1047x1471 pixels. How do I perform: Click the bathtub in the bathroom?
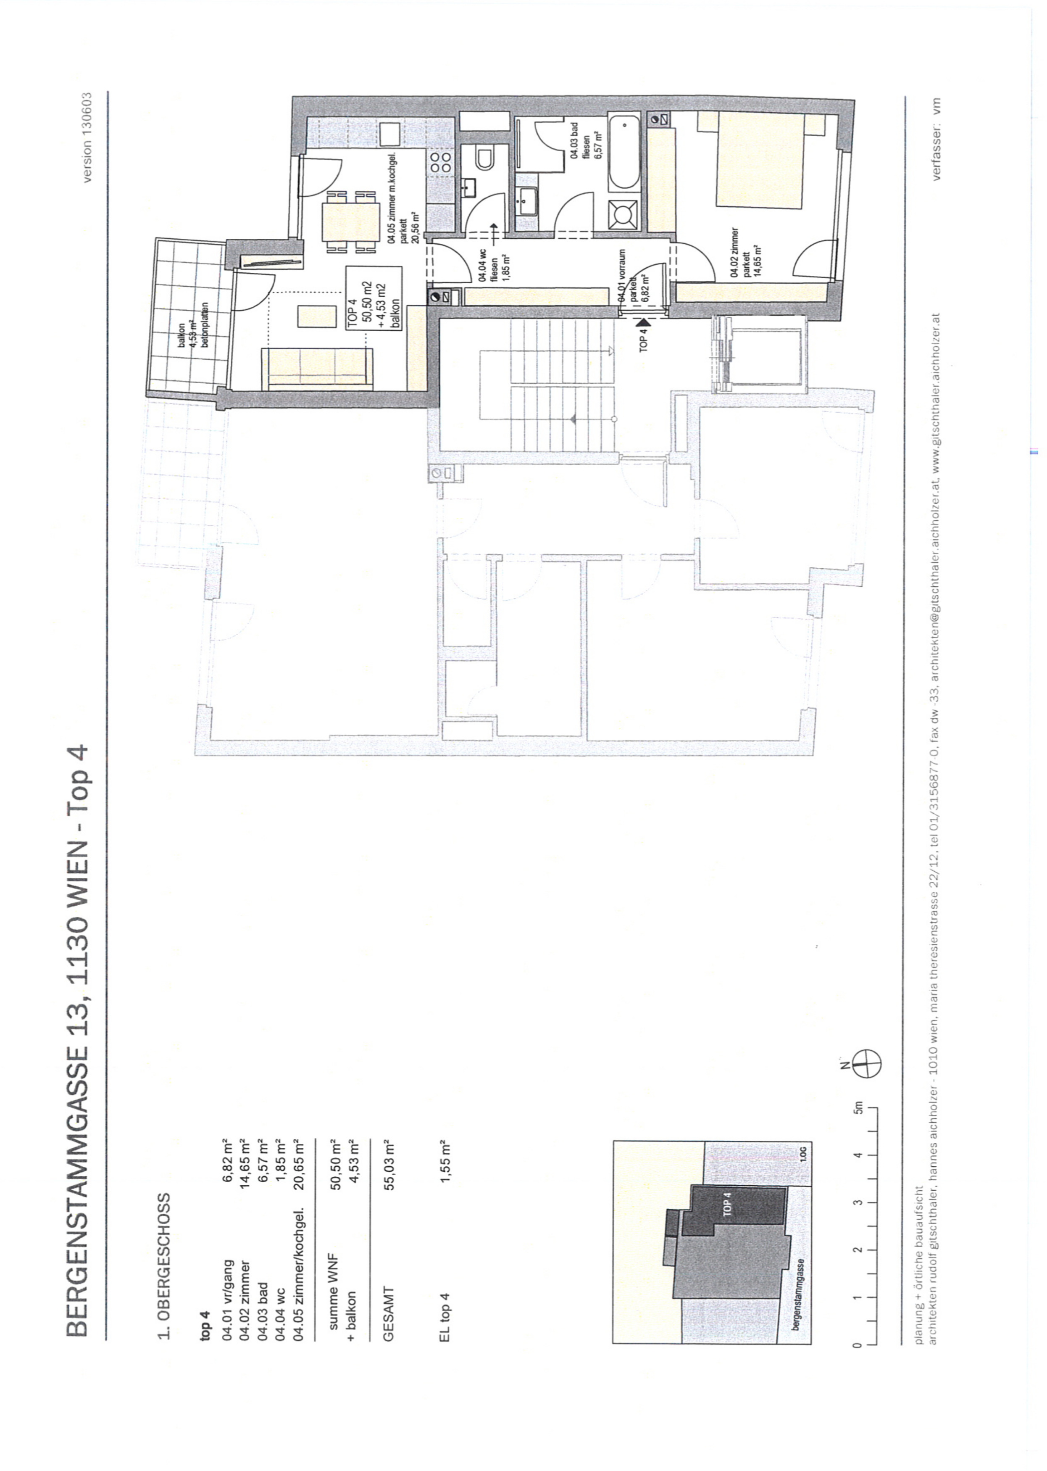(623, 152)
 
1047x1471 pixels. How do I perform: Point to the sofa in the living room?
(317, 369)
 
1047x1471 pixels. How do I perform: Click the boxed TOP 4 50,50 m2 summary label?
(374, 298)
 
